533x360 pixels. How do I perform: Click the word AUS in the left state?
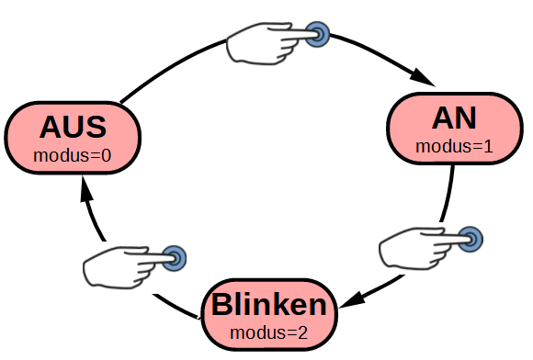pyautogui.click(x=73, y=128)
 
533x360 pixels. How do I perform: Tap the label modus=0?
pyautogui.click(x=73, y=155)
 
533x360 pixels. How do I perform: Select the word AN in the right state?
pyautogui.click(x=454, y=118)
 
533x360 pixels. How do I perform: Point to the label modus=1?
pyautogui.click(x=454, y=147)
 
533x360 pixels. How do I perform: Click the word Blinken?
pyautogui.click(x=269, y=305)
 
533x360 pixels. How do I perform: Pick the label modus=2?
pyautogui.click(x=269, y=332)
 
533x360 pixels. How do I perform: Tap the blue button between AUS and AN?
pyautogui.click(x=317, y=34)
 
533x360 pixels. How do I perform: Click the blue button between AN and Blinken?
pyautogui.click(x=471, y=239)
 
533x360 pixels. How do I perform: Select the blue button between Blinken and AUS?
pyautogui.click(x=174, y=258)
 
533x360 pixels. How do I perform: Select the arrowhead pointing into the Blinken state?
pyautogui.click(x=351, y=300)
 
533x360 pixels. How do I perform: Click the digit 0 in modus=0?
pyautogui.click(x=107, y=156)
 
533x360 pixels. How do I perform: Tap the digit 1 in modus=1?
pyautogui.click(x=488, y=147)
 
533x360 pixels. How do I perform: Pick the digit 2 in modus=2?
pyautogui.click(x=303, y=332)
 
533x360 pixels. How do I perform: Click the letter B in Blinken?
pyautogui.click(x=222, y=305)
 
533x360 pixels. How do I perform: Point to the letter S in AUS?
pyautogui.click(x=96, y=128)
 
